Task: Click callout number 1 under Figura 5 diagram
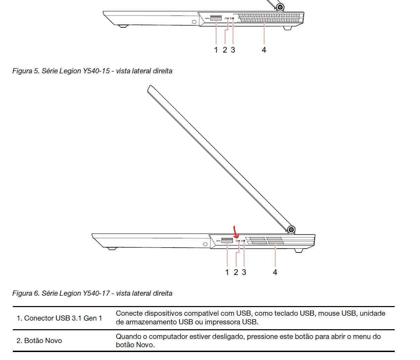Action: [x=216, y=50]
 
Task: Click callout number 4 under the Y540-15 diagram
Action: [x=264, y=50]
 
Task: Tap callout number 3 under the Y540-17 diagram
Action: [x=244, y=273]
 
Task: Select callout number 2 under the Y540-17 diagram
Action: [x=236, y=273]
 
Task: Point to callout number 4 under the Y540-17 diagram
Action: [x=275, y=273]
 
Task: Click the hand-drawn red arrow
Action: [x=236, y=232]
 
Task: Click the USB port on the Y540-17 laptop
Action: [x=227, y=240]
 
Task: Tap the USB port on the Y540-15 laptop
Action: [x=216, y=18]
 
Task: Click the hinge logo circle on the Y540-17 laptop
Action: [x=291, y=229]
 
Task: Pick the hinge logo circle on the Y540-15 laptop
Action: [x=280, y=7]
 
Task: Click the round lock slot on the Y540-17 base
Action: [x=205, y=244]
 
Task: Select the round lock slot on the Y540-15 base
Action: [x=194, y=22]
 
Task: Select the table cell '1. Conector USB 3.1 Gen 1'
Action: [x=59, y=318]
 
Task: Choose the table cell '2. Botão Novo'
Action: [x=39, y=341]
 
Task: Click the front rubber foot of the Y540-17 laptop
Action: [x=111, y=248]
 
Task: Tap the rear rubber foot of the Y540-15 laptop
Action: [x=287, y=28]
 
